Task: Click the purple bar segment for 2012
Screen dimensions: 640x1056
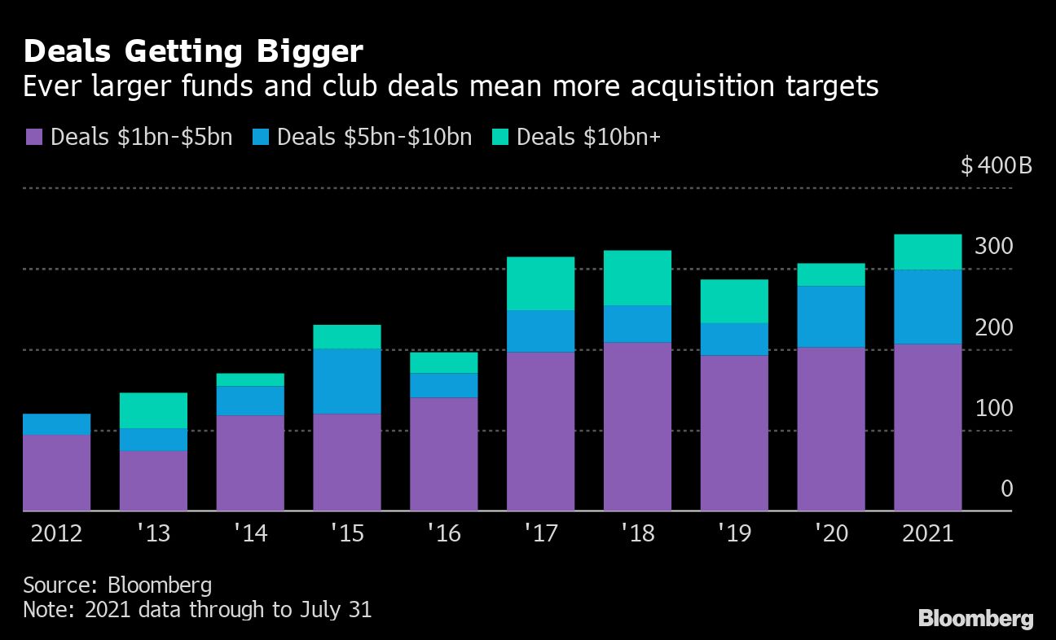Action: click(x=56, y=472)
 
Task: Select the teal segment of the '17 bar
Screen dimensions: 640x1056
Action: click(x=540, y=283)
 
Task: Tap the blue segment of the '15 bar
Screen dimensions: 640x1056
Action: click(x=347, y=381)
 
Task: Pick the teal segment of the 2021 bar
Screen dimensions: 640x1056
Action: click(x=927, y=252)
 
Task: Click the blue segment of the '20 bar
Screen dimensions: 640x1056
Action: click(x=831, y=317)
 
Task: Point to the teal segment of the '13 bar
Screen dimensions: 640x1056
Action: click(x=153, y=410)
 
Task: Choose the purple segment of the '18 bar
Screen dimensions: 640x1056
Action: click(x=637, y=427)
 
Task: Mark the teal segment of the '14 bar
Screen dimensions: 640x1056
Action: click(x=250, y=380)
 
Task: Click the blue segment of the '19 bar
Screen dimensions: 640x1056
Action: click(x=734, y=339)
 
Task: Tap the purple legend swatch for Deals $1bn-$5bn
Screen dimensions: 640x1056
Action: click(x=33, y=137)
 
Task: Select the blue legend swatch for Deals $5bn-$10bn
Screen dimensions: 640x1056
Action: click(x=260, y=137)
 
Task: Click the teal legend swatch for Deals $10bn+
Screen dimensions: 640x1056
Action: click(x=499, y=137)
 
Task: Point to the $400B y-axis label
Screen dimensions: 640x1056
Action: click(x=996, y=166)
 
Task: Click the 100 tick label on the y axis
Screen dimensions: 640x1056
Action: click(x=994, y=408)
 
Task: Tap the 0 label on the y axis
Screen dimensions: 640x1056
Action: click(x=1006, y=489)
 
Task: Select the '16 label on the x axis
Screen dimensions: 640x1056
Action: click(x=443, y=534)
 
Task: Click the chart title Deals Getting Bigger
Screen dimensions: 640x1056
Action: click(x=193, y=52)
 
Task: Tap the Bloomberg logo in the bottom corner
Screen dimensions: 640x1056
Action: click(x=975, y=618)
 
